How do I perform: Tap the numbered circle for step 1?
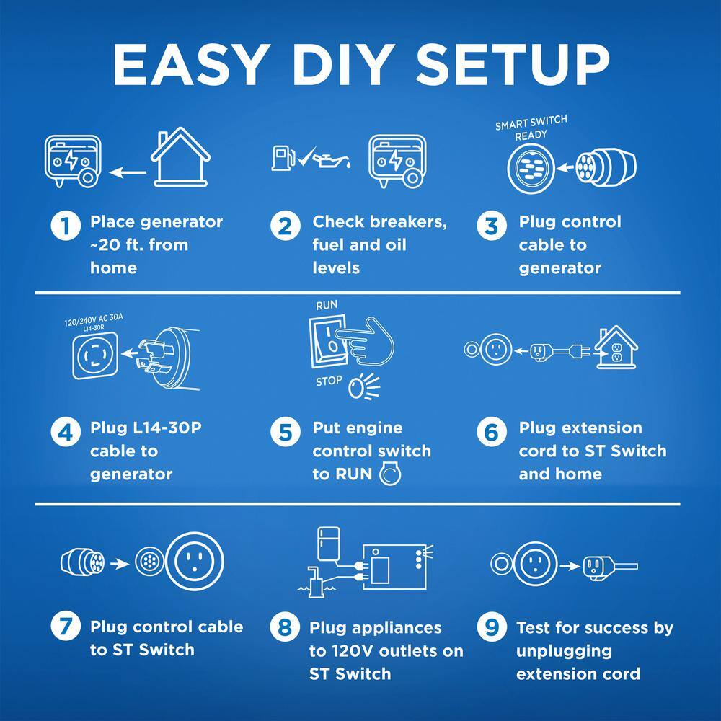(x=66, y=226)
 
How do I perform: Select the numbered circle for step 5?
(x=285, y=432)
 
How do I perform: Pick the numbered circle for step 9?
(x=492, y=627)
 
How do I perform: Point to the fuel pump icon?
(x=283, y=158)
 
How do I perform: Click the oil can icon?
(x=332, y=159)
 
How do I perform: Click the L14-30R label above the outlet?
(x=94, y=328)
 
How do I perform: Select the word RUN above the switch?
(x=327, y=305)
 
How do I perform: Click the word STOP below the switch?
(x=329, y=381)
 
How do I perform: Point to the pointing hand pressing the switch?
(x=366, y=341)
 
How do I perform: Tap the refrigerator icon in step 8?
(x=329, y=544)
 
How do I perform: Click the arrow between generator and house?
(x=128, y=173)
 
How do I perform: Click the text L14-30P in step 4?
(x=167, y=428)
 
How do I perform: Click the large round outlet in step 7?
(x=195, y=561)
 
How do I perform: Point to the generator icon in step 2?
(x=397, y=161)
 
